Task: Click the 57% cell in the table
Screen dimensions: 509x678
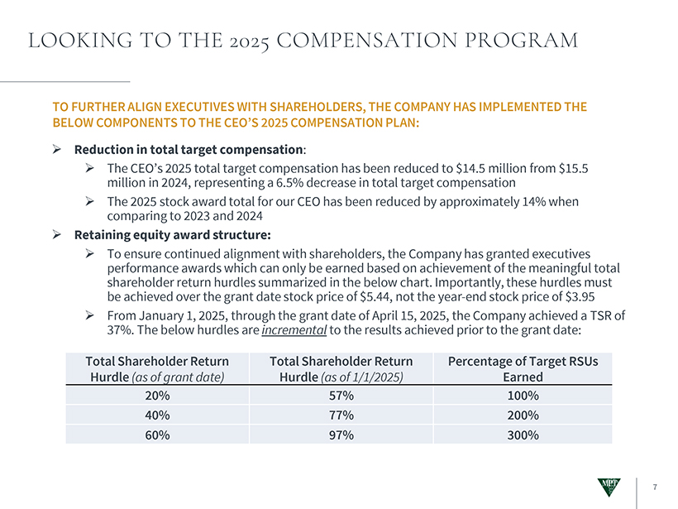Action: tap(341, 396)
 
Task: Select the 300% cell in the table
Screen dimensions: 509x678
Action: tap(523, 435)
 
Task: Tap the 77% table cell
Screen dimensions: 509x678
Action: tap(341, 415)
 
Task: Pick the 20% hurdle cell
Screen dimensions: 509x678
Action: tap(157, 396)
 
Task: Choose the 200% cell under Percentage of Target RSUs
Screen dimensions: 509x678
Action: tap(523, 415)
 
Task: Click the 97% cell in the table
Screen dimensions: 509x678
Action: tap(341, 435)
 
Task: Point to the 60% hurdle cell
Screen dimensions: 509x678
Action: tap(157, 435)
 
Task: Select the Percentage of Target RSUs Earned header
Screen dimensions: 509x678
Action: tap(523, 369)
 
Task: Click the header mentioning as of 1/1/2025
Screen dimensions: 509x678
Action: tap(341, 369)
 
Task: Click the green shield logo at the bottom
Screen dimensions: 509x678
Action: tap(611, 488)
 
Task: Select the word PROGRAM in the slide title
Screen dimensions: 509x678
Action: tap(520, 40)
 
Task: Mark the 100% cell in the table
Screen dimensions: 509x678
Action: tap(523, 396)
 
